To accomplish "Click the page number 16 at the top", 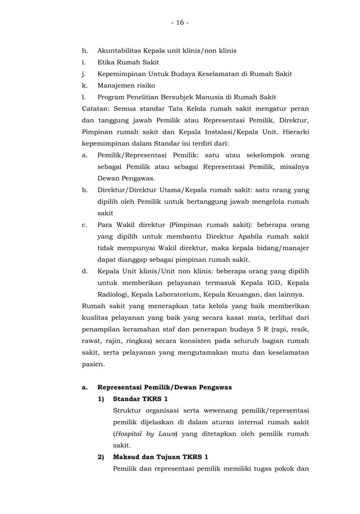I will pyautogui.click(x=180, y=23).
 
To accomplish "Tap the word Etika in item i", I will pyautogui.click(x=107, y=62).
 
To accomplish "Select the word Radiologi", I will pyautogui.click(x=116, y=295).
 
